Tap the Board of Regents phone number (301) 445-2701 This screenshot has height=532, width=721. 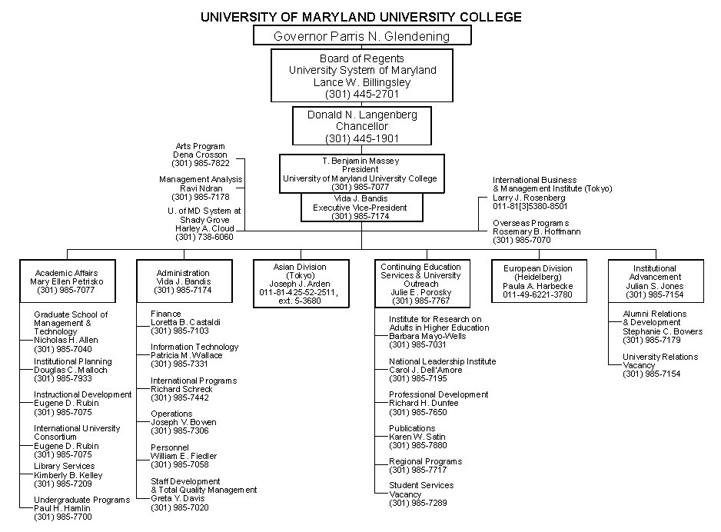coord(362,95)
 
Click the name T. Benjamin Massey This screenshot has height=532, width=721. coord(360,161)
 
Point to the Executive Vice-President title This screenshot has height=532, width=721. coord(360,208)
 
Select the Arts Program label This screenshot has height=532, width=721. coord(201,146)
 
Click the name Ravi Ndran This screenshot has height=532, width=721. coord(201,188)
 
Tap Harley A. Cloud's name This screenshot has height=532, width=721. coord(204,228)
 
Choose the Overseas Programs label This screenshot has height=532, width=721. coord(531,223)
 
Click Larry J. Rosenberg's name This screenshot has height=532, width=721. coord(529,198)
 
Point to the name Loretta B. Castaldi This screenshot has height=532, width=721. coord(186,322)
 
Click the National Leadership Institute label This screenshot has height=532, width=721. coord(442,361)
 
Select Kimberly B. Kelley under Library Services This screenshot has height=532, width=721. coord(68,475)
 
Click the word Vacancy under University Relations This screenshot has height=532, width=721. coord(639,365)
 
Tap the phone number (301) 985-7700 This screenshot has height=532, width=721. coord(63,517)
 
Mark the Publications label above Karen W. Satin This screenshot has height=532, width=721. coord(412,428)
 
